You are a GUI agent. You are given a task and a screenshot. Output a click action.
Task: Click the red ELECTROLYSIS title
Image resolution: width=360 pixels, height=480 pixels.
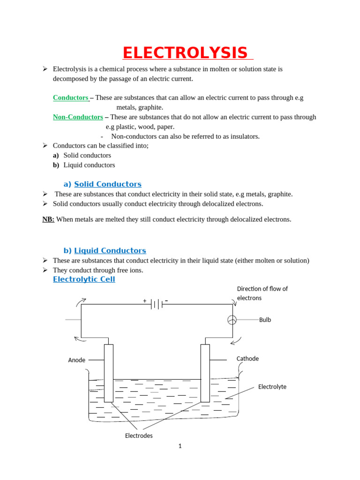click(x=185, y=53)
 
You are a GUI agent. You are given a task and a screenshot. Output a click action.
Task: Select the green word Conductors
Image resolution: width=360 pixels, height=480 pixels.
click(x=71, y=97)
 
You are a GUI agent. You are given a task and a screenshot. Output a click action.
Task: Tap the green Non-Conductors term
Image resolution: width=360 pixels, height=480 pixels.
click(x=78, y=117)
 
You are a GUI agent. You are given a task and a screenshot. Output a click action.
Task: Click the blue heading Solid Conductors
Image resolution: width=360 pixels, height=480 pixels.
click(x=107, y=184)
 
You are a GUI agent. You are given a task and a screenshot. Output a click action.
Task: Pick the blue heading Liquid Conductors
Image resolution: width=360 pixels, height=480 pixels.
click(x=110, y=251)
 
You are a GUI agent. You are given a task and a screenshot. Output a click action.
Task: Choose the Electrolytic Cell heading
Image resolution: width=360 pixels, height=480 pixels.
click(x=84, y=279)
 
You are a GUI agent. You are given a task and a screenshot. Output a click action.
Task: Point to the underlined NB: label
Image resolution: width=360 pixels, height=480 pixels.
click(x=48, y=219)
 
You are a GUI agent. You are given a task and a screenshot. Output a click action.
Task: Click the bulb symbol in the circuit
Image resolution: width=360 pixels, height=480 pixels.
click(x=232, y=320)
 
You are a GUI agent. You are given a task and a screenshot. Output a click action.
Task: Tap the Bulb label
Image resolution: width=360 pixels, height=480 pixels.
click(x=265, y=320)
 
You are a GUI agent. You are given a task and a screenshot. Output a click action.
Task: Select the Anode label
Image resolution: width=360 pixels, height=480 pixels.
click(x=77, y=360)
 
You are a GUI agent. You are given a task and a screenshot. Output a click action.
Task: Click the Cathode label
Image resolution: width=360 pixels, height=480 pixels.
click(x=247, y=359)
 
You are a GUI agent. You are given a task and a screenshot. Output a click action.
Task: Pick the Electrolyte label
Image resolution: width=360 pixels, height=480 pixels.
click(x=272, y=387)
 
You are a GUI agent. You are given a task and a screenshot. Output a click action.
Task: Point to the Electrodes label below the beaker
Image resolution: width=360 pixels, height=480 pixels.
click(x=139, y=435)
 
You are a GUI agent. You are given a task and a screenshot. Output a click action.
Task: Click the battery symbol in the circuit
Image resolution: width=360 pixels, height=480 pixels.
click(x=157, y=305)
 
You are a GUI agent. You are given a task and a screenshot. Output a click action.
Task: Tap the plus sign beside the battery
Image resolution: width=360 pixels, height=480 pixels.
click(x=145, y=300)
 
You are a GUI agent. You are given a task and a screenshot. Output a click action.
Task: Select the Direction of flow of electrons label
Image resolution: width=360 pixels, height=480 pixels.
click(x=262, y=293)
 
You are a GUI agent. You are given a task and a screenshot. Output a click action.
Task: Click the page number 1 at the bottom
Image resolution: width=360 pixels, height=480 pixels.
click(x=180, y=446)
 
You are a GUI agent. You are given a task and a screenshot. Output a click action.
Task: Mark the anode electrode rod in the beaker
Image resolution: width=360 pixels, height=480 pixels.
click(x=109, y=373)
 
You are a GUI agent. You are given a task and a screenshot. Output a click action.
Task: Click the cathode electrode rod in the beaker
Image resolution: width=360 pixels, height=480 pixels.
click(x=205, y=373)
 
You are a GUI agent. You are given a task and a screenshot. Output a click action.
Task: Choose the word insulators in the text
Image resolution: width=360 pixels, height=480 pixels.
click(x=242, y=136)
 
